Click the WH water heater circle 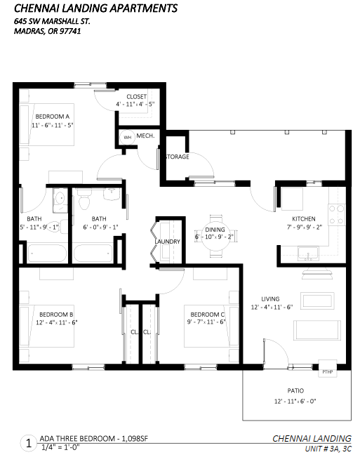point(127,137)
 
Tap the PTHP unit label point(328,372)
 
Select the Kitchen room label point(304,219)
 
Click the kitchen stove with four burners point(337,214)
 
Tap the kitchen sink point(308,254)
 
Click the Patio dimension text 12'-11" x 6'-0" point(295,402)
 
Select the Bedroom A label point(53,117)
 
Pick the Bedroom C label point(208,315)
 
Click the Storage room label point(178,157)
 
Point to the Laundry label point(168,242)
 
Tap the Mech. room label point(146,136)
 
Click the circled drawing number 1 point(29,443)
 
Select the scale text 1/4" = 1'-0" point(60,447)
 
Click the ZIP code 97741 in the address point(70,31)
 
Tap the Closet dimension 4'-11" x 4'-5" point(135,104)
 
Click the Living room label point(270,299)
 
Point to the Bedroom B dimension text point(57,322)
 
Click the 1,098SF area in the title point(135,438)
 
